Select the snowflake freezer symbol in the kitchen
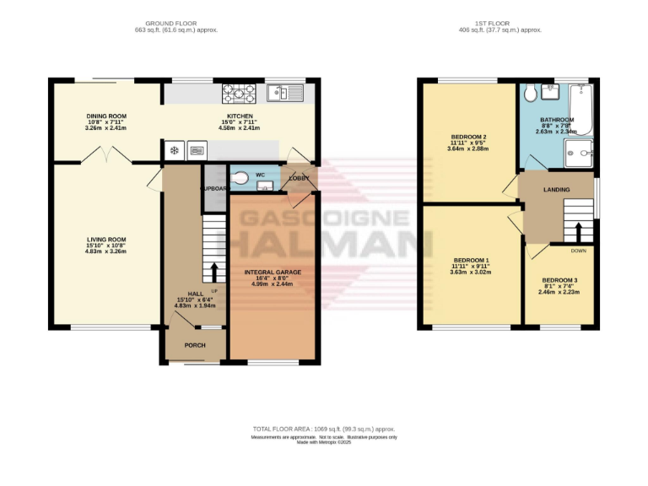coord(175,151)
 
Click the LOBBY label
coord(299,179)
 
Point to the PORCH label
coord(195,345)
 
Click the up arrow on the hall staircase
coord(214,272)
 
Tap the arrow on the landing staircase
coord(579,231)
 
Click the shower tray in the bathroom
coord(580,154)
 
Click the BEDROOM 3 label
coord(559,279)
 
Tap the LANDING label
coord(556,189)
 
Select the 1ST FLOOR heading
coord(489,23)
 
